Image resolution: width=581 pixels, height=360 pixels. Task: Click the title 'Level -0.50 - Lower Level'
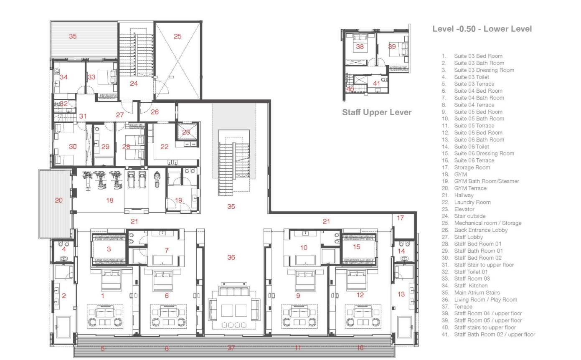(x=482, y=29)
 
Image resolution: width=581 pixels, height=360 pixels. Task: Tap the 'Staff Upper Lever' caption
(x=377, y=112)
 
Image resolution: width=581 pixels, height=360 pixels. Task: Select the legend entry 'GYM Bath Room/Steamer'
(x=487, y=181)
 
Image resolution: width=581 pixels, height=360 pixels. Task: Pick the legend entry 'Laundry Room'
(x=472, y=202)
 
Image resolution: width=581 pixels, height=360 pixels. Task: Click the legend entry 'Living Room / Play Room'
(x=485, y=299)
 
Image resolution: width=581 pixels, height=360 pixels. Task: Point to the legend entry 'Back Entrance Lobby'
(x=481, y=230)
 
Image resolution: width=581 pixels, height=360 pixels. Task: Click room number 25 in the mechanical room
(x=178, y=36)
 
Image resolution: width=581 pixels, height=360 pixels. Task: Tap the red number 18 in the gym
(x=109, y=200)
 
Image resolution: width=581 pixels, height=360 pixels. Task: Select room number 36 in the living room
(x=231, y=258)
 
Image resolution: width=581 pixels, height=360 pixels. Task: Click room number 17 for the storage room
(x=400, y=218)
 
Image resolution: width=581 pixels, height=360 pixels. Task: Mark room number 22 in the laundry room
(x=165, y=147)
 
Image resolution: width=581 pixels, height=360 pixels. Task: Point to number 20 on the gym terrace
(x=58, y=200)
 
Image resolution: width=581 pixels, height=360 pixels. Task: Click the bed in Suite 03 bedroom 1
(x=111, y=279)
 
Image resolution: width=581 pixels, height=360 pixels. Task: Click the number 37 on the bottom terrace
(x=231, y=348)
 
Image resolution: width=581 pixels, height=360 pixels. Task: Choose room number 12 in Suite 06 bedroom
(x=360, y=295)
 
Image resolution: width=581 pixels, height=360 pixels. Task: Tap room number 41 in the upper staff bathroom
(x=376, y=83)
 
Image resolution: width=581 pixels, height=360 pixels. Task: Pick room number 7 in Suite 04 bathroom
(x=167, y=250)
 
